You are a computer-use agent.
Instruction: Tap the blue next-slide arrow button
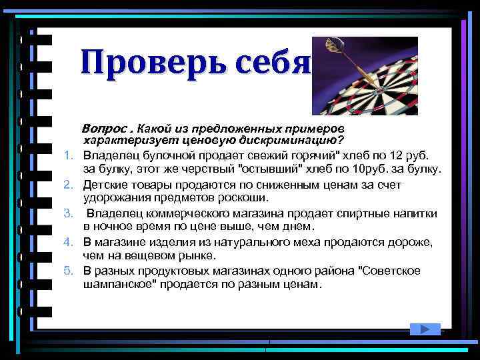[424, 328]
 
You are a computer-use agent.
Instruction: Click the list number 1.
[68, 156]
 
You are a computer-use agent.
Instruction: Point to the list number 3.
[68, 213]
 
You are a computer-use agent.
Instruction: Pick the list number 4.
[68, 242]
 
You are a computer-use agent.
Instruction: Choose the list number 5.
[68, 271]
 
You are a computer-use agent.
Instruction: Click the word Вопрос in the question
[103, 127]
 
